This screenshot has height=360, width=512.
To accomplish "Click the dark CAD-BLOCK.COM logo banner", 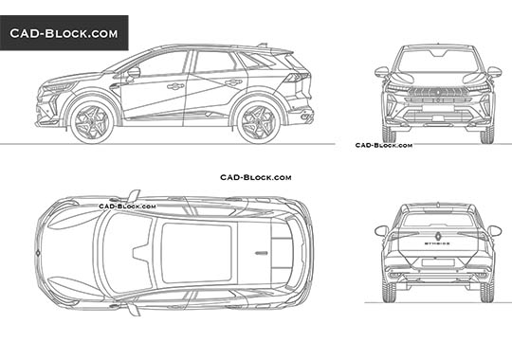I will pyautogui.click(x=64, y=33).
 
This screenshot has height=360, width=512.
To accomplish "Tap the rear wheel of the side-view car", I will pyautogui.click(x=257, y=121).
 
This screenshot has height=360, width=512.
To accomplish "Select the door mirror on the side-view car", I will pyautogui.click(x=133, y=72).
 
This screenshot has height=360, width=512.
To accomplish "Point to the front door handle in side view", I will pyautogui.click(x=175, y=86).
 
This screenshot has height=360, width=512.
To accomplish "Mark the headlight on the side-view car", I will pyautogui.click(x=59, y=87).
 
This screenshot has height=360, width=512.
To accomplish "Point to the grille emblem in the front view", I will pyautogui.click(x=438, y=93).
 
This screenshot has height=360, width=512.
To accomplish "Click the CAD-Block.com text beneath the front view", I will pyautogui.click(x=383, y=145).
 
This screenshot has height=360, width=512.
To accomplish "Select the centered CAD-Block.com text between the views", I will pyautogui.click(x=255, y=177).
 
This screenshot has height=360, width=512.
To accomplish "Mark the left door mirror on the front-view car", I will pyautogui.click(x=381, y=71).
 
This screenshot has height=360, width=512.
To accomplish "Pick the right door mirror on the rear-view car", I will pyautogui.click(x=494, y=229).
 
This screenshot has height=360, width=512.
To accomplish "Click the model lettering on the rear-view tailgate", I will pyautogui.click(x=438, y=243).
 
